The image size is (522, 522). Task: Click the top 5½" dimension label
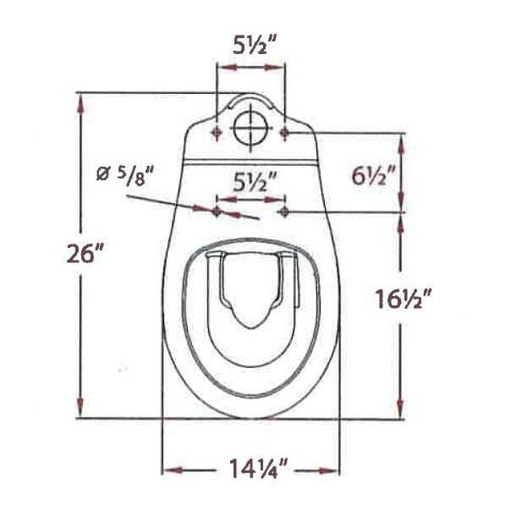click(x=250, y=46)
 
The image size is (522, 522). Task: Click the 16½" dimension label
click(x=404, y=299)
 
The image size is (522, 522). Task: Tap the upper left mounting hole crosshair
click(x=217, y=132)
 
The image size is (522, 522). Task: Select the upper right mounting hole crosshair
click(x=284, y=132)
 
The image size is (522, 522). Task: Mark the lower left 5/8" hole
click(x=217, y=209)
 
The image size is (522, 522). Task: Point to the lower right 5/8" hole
click(x=284, y=209)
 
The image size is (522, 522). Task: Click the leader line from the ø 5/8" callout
click(x=169, y=202)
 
